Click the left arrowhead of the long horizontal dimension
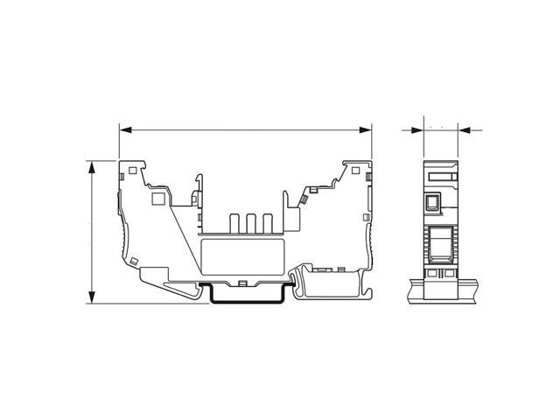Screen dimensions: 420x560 click(x=123, y=130)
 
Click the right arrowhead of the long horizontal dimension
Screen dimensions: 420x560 click(x=367, y=130)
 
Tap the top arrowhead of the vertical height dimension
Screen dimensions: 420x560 click(x=91, y=165)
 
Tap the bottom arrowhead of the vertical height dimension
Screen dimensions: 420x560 click(x=91, y=299)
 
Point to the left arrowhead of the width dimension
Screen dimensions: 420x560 click(x=419, y=131)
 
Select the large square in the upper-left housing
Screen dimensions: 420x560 click(x=158, y=199)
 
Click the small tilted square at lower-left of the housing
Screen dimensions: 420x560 click(x=134, y=260)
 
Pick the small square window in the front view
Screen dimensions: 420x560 click(x=432, y=204)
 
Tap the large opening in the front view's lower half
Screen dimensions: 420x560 click(x=442, y=244)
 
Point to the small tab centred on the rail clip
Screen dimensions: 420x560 click(x=241, y=283)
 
